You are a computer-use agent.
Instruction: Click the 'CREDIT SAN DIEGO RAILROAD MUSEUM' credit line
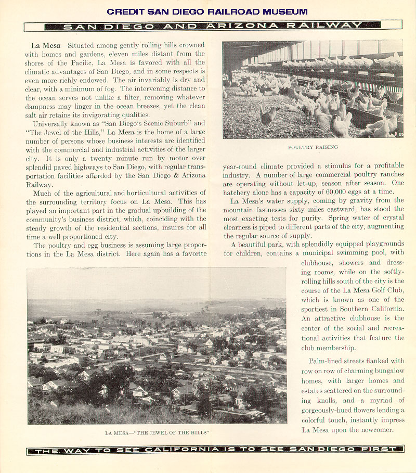click(x=207, y=11)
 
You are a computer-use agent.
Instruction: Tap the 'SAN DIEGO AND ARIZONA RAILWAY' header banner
click(x=213, y=25)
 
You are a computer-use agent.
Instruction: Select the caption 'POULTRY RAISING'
click(x=313, y=148)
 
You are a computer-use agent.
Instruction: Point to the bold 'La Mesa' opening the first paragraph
click(x=44, y=45)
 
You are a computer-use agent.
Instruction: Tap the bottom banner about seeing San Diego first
click(x=215, y=450)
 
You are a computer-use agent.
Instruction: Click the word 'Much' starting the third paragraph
click(x=43, y=193)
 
